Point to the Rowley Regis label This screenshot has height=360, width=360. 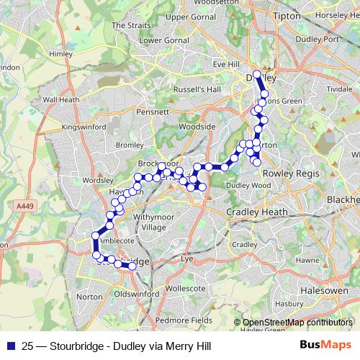tap(287, 173)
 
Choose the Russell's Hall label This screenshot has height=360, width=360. tap(197, 89)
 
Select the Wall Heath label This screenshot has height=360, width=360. tap(61, 99)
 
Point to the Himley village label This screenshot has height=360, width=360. tap(61, 54)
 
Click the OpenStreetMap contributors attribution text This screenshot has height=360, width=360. tap(297, 323)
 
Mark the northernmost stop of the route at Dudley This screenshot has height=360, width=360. tap(257, 73)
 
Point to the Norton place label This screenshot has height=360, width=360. tap(90, 297)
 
